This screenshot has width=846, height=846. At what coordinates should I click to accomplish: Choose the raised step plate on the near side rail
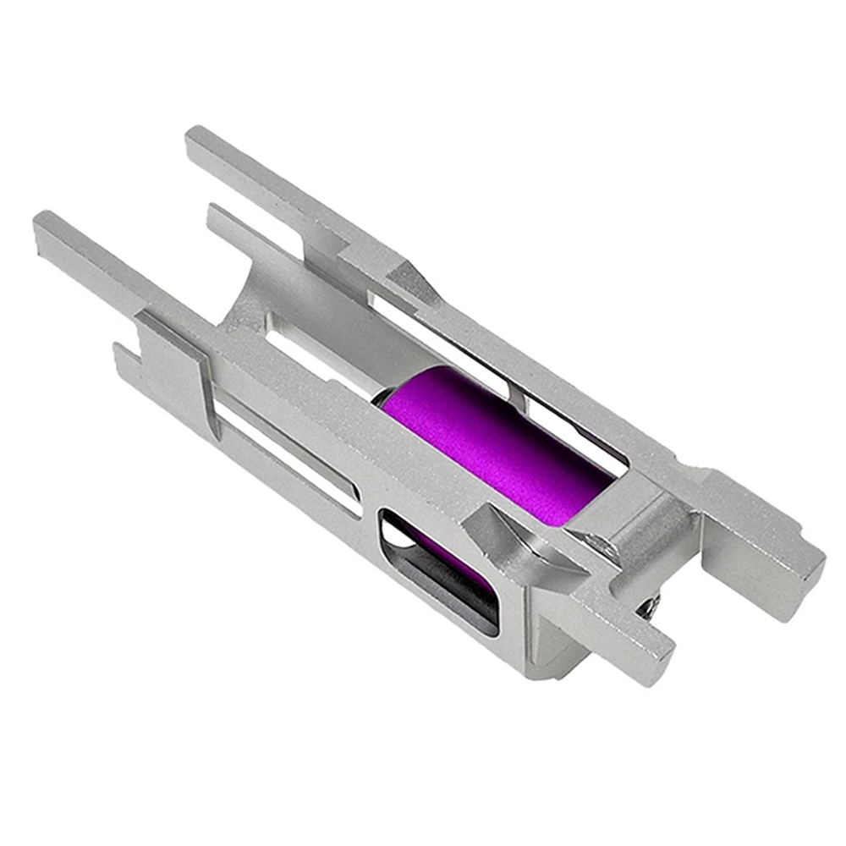tap(169, 338)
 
